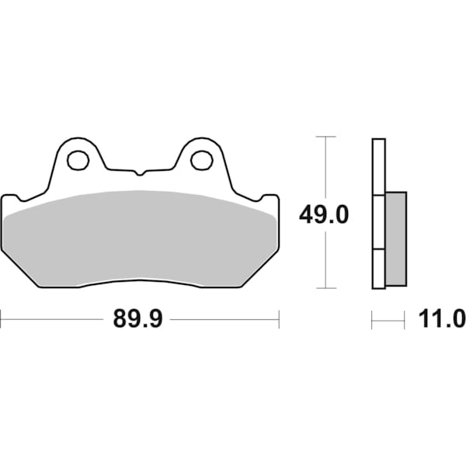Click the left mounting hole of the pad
77,161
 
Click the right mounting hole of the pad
201,161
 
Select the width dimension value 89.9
137,319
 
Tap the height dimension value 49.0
324,214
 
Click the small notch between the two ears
139,171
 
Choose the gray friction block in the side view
395,237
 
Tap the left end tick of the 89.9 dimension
2,319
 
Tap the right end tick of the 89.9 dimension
278,319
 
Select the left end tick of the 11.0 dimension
372,319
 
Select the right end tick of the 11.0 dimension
405,319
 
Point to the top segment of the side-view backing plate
378,166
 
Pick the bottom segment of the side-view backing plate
378,269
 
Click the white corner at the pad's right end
272,203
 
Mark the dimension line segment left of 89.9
54,319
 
